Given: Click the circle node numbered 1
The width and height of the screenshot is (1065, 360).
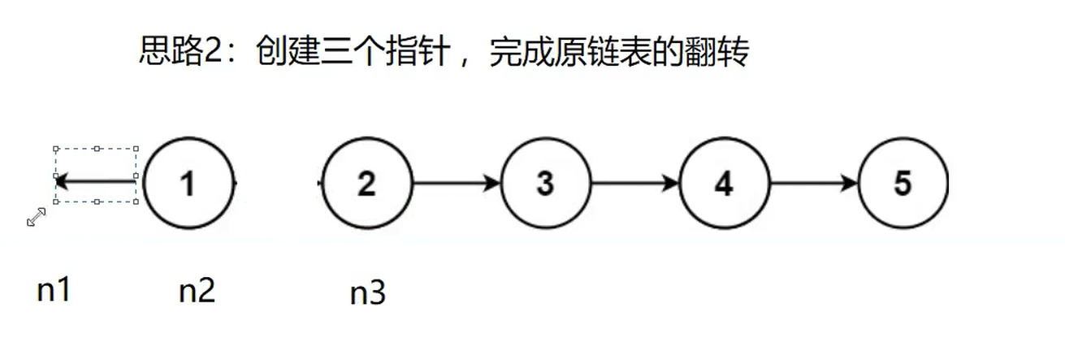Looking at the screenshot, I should click(x=188, y=184).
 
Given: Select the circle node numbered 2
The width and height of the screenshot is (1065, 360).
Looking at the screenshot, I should click(x=367, y=184).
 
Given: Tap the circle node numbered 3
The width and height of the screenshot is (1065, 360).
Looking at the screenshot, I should click(x=545, y=184).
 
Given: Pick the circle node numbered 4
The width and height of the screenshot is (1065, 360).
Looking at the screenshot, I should click(x=724, y=184).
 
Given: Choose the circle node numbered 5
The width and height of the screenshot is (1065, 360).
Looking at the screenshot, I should click(x=903, y=184).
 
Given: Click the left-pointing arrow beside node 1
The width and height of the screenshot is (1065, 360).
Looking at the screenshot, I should click(x=96, y=180).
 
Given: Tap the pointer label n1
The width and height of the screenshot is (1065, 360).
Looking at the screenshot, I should click(x=54, y=290).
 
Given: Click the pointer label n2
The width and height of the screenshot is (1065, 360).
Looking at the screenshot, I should click(x=197, y=290).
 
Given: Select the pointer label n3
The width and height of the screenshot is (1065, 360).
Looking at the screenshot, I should click(x=367, y=293).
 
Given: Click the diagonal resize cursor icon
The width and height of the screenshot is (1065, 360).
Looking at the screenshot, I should click(x=37, y=217).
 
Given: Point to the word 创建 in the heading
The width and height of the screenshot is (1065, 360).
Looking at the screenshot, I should click(x=281, y=54).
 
